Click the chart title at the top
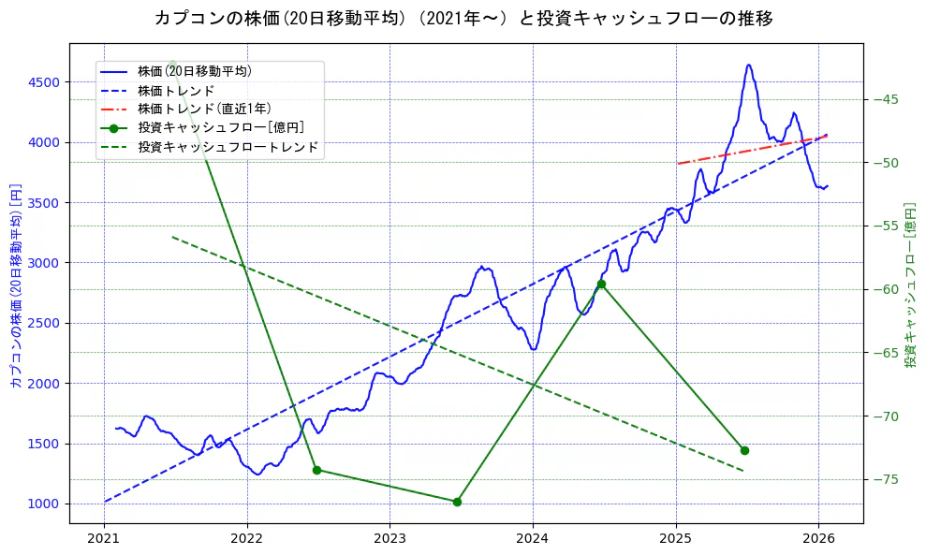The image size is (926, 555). tap(463, 18)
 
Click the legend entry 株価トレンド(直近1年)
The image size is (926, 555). tap(204, 109)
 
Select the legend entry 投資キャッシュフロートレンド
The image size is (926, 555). tap(228, 147)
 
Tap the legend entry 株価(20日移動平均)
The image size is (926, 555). tap(194, 70)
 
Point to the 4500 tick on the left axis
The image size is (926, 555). tap(44, 82)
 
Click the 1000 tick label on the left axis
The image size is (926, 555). tap(44, 504)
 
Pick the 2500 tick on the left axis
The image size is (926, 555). tap(44, 323)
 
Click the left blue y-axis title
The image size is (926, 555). tap(16, 285)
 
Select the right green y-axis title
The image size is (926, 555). tap(910, 285)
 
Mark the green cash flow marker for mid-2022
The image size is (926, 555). tap(316, 470)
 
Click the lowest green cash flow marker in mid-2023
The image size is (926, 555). tap(457, 502)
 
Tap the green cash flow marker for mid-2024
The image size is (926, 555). tap(601, 284)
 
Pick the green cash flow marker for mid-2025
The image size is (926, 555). tap(744, 450)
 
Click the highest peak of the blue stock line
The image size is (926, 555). tap(749, 65)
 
